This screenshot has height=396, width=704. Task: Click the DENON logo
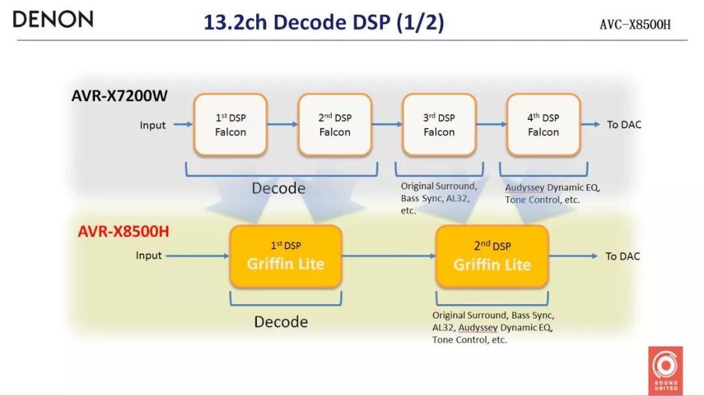pos(53,19)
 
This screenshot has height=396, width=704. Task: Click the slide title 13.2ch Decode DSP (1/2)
pos(323,22)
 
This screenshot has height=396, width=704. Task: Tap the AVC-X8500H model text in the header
pos(635,25)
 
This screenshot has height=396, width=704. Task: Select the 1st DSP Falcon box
pos(231,124)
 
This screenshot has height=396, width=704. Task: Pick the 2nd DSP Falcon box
pos(335,124)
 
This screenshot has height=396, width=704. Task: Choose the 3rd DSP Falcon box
pos(439,124)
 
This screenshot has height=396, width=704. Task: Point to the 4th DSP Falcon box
pos(543,124)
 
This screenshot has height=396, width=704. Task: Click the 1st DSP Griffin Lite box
pos(286,256)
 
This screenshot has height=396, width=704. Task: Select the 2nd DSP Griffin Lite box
pos(492,256)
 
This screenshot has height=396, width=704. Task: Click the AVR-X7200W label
pos(119,96)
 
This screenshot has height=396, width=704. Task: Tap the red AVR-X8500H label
pos(124,231)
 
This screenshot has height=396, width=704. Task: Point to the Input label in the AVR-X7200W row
pos(153,125)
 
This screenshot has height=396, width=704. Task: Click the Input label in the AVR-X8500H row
pos(149,255)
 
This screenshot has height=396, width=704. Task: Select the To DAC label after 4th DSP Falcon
pos(624,124)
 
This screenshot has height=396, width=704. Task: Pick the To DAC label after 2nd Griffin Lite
pos(623,256)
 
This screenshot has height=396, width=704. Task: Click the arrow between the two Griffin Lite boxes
pos(389,256)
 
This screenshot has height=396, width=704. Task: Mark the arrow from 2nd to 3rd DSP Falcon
pos(387,124)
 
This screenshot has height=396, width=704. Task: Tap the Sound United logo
pos(666,369)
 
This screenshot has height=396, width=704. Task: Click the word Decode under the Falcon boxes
pos(278,188)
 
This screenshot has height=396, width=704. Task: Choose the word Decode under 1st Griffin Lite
pos(281,322)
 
